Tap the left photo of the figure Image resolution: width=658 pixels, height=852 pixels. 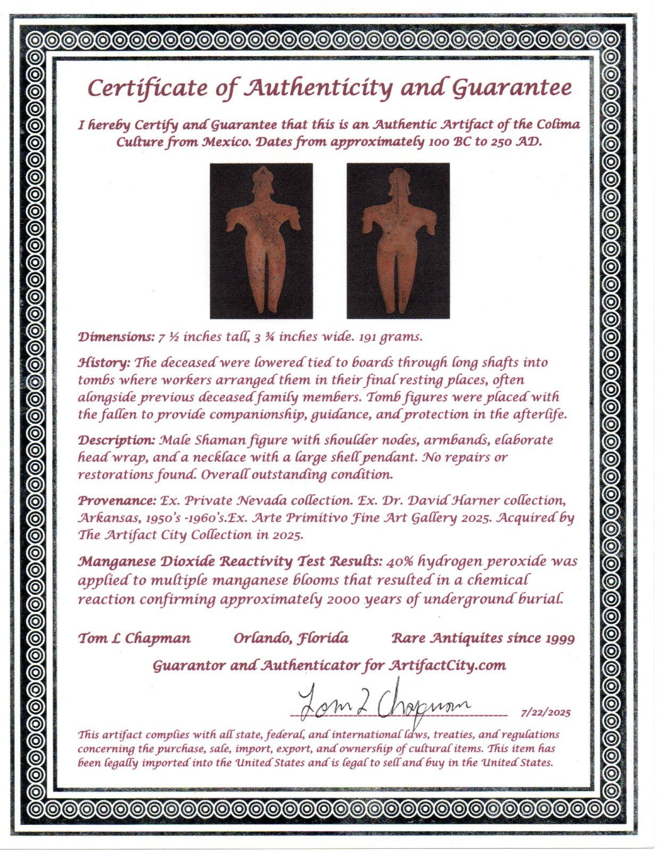click(x=261, y=241)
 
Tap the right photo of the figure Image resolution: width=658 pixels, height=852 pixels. click(x=398, y=241)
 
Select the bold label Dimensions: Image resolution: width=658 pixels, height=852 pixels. click(x=116, y=337)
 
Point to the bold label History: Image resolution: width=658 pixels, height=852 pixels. click(x=104, y=363)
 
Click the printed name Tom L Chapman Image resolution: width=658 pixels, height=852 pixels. click(x=134, y=638)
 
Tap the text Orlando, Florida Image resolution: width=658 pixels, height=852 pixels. click(x=291, y=638)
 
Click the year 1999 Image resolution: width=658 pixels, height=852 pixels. click(x=561, y=638)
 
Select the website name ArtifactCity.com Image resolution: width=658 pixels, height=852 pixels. click(x=447, y=666)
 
